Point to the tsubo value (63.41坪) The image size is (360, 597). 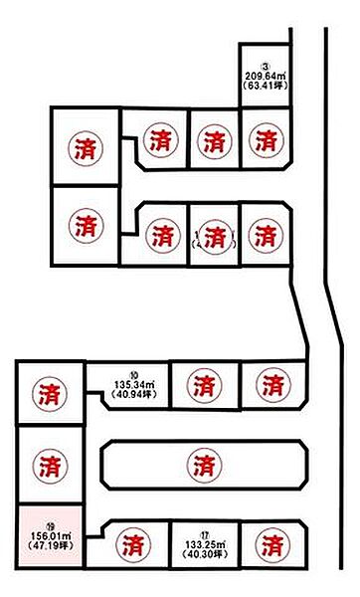tap(265, 86)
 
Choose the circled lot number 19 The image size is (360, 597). tap(49, 524)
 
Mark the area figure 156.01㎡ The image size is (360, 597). tap(49, 535)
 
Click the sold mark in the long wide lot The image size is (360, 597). tap(203, 464)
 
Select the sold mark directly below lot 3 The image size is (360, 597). tap(265, 140)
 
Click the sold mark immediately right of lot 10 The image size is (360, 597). tap(202, 384)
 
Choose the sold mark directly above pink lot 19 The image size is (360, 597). tap(49, 464)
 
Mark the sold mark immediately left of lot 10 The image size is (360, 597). tap(49, 393)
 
